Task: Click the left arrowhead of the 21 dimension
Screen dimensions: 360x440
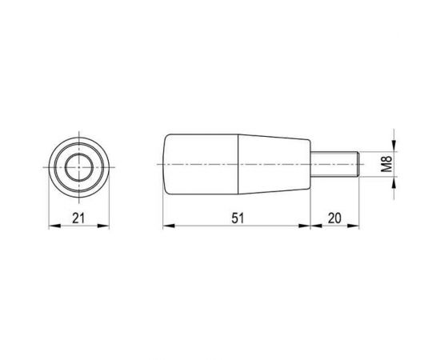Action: coord(54,226)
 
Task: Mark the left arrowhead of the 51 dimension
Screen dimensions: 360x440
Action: coord(167,226)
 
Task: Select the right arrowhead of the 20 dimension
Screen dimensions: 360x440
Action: coord(356,226)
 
